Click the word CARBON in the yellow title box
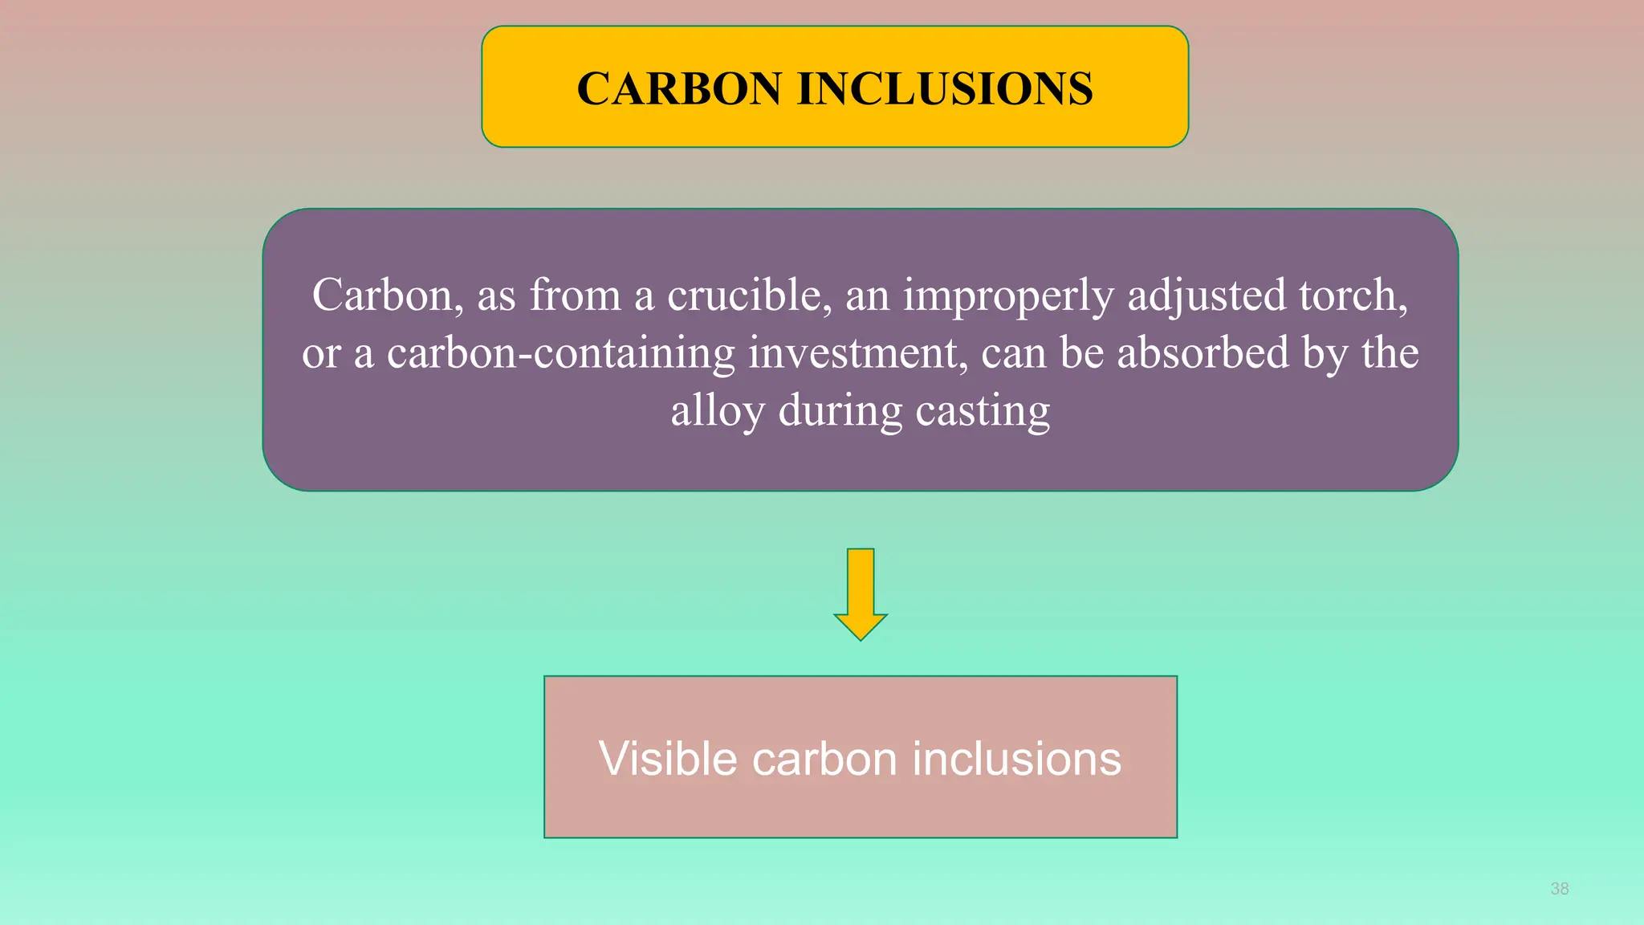click(678, 88)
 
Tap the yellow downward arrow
click(861, 594)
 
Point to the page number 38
click(1559, 889)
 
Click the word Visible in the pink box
click(667, 759)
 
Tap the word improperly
click(1008, 296)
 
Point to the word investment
click(857, 352)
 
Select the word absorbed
click(1202, 352)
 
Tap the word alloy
click(718, 412)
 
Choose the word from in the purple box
click(575, 295)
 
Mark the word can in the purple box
click(1013, 352)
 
